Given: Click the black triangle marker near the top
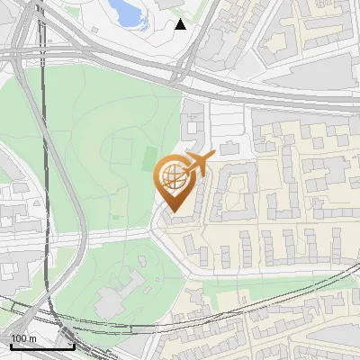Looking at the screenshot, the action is (x=181, y=23).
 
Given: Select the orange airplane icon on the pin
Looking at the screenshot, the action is (x=199, y=163).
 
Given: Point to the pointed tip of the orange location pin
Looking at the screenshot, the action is (x=174, y=213).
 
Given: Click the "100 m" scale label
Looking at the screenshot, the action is (x=23, y=338).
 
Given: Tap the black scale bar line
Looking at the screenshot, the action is (x=42, y=346).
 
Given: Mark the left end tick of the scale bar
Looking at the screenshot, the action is (x=12, y=344).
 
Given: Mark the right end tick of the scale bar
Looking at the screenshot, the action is (x=73, y=344).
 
